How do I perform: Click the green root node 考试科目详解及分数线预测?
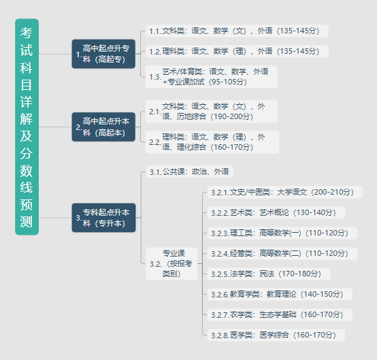tap(27, 127)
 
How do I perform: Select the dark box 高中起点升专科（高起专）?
tap(103, 54)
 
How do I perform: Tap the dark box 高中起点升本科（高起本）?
tap(103, 127)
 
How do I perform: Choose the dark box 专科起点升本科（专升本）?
tap(103, 218)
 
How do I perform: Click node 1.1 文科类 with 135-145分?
tap(237, 31)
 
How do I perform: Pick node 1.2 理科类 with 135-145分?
tap(237, 51)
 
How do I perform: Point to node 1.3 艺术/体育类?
tap(211, 77)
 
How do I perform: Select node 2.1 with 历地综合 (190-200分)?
tap(212, 112)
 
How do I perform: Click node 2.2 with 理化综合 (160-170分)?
tap(212, 142)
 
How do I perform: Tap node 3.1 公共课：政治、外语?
tap(189, 171)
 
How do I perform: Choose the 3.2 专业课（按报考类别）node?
tap(171, 263)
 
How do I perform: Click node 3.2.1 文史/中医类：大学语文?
tap(284, 192)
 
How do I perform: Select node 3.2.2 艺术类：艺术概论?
tap(276, 212)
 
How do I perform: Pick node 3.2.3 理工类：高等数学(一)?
tap(282, 233)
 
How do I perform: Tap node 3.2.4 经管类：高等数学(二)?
tap(282, 253)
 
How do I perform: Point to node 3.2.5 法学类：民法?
tap(269, 274)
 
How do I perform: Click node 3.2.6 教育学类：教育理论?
tap(280, 295)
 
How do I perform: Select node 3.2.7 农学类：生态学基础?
tap(280, 315)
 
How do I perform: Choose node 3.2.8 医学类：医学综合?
tap(276, 335)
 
